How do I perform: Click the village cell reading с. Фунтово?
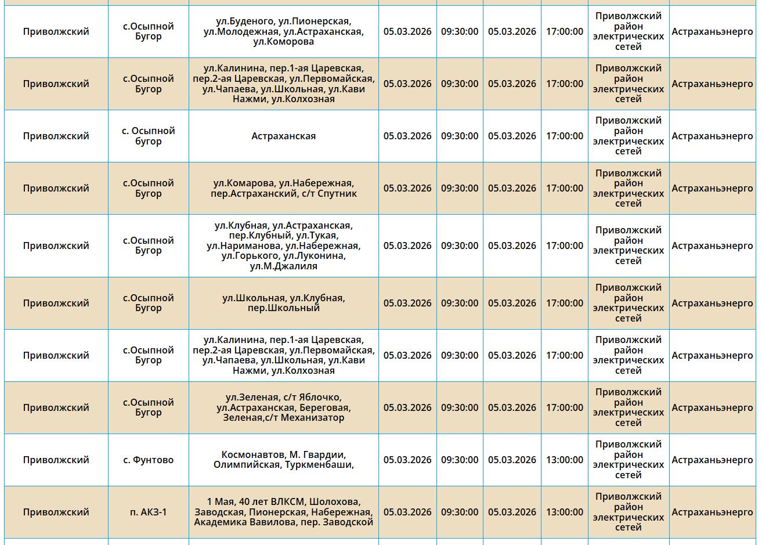(148, 460)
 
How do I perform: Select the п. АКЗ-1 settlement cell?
(148, 512)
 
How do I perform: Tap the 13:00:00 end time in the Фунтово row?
(564, 460)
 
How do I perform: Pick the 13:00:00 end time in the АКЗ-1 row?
(564, 512)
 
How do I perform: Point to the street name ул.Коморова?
(283, 42)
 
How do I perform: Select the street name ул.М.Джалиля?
(283, 266)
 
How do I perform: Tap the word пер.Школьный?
(283, 308)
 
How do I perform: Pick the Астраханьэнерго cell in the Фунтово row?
(712, 460)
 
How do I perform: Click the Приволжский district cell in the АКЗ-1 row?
(56, 512)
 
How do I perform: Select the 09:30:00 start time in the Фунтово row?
(459, 460)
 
